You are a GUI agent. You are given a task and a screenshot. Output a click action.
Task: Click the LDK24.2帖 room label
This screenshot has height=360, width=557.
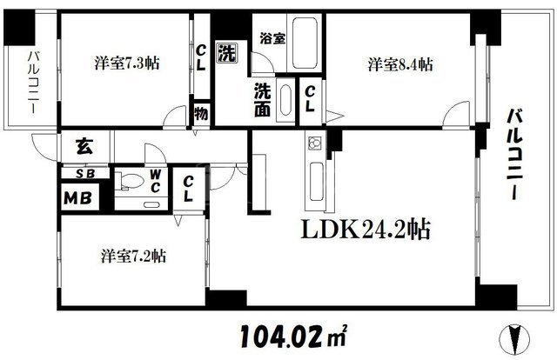pyautogui.click(x=366, y=230)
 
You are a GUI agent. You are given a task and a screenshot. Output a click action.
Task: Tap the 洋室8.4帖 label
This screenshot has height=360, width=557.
pyautogui.click(x=400, y=64)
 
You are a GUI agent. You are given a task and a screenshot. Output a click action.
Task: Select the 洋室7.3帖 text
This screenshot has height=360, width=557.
pyautogui.click(x=127, y=63)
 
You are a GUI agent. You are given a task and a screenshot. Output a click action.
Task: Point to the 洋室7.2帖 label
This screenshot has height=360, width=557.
pyautogui.click(x=133, y=256)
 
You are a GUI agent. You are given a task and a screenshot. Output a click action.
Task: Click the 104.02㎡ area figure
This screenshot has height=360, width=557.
pyautogui.click(x=293, y=336)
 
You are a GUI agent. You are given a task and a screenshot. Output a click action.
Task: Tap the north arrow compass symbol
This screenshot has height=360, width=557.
pyautogui.click(x=514, y=340)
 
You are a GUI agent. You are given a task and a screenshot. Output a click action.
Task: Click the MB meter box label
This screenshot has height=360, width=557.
pyautogui.click(x=77, y=198)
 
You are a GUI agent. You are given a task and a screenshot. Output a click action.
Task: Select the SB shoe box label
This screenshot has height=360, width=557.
pyautogui.click(x=85, y=174)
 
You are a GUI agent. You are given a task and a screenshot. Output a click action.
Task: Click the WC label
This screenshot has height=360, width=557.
pyautogui.click(x=155, y=181)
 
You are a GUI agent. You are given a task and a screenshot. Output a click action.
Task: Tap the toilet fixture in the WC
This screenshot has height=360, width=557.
pyautogui.click(x=130, y=181)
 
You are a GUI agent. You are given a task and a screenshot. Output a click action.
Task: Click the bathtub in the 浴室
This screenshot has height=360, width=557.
pyautogui.click(x=305, y=43)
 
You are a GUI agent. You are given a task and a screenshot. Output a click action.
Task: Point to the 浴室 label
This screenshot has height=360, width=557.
pyautogui.click(x=272, y=38)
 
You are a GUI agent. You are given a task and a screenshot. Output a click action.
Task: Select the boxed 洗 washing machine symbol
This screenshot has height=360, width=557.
pyautogui.click(x=227, y=54)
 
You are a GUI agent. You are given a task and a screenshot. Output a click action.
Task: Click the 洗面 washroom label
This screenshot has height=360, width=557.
pyautogui.click(x=263, y=100)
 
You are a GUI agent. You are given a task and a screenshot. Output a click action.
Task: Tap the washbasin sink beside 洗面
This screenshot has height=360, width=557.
pyautogui.click(x=285, y=100)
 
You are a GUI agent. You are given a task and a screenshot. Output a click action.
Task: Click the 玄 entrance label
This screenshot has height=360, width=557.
pyautogui.click(x=84, y=146)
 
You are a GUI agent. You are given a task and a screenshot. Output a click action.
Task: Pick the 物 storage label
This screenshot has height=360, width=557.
pyautogui.click(x=201, y=114)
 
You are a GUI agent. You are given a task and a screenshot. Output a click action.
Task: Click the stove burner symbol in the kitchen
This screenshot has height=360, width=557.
pyautogui.click(x=315, y=143)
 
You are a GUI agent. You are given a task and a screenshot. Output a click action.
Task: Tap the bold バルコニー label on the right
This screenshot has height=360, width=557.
pyautogui.click(x=513, y=155)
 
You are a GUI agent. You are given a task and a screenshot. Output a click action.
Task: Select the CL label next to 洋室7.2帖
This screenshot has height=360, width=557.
pyautogui.click(x=188, y=189)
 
